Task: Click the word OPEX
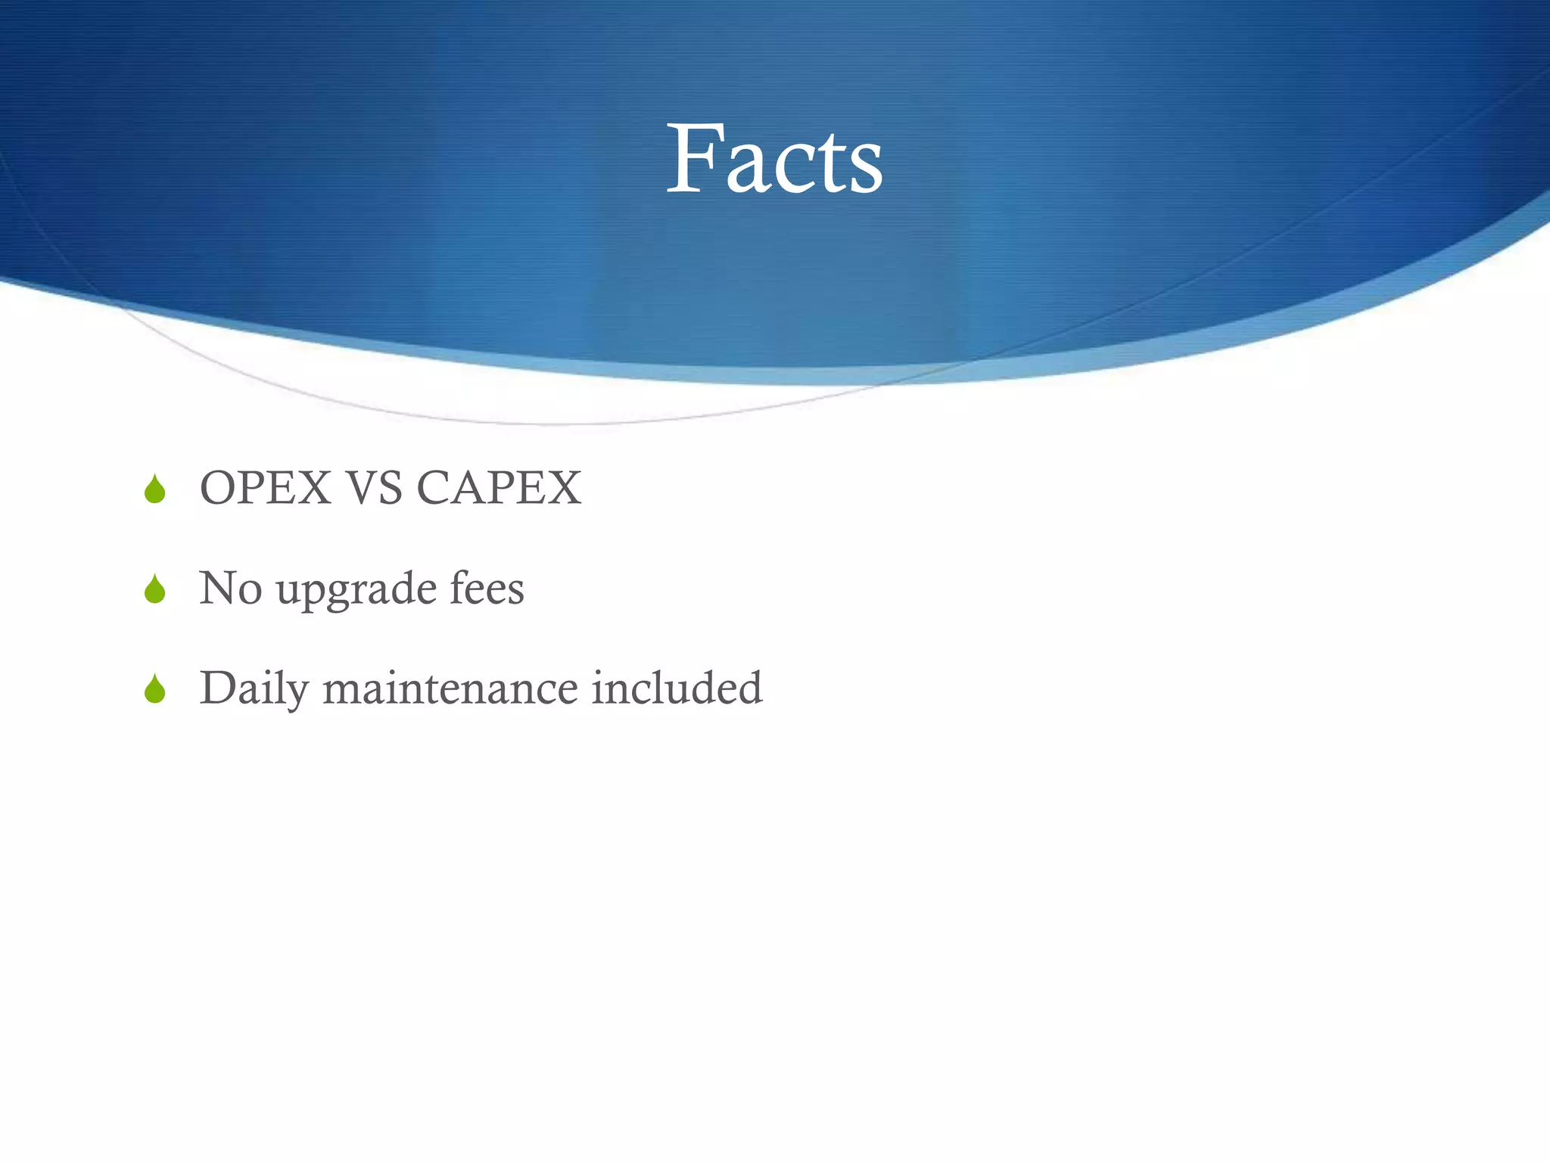click(266, 488)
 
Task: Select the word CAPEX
click(499, 488)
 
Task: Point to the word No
click(230, 588)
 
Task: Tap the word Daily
click(254, 689)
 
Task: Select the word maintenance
click(450, 688)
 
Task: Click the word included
click(677, 688)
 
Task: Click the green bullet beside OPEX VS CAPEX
click(155, 489)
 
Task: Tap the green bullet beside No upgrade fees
click(155, 589)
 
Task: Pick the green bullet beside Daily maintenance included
click(155, 689)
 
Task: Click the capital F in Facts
click(693, 159)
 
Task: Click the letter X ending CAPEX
click(563, 488)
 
